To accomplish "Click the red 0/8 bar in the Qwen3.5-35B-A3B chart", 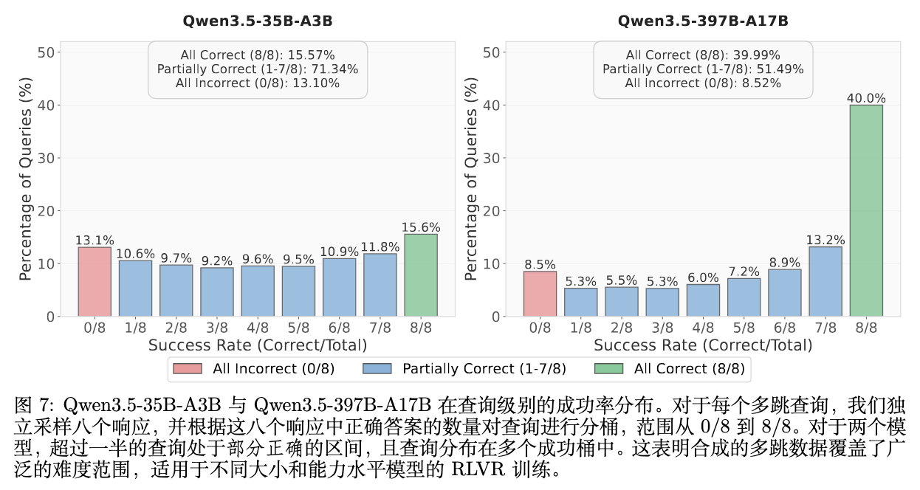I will point(95,282).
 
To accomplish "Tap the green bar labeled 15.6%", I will point(420,275).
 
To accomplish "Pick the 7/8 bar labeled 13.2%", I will point(825,281).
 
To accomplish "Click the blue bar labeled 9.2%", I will point(217,292).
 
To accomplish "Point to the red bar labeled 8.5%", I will point(540,294).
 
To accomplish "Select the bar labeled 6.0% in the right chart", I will point(703,300).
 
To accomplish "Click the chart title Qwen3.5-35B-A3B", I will point(258,21).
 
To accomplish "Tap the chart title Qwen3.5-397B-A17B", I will point(703,21).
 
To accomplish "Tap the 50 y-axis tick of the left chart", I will point(47,52).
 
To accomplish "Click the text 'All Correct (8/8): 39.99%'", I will point(703,55).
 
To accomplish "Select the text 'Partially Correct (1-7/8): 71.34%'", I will point(258,69).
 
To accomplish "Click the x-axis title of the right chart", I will point(703,345).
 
